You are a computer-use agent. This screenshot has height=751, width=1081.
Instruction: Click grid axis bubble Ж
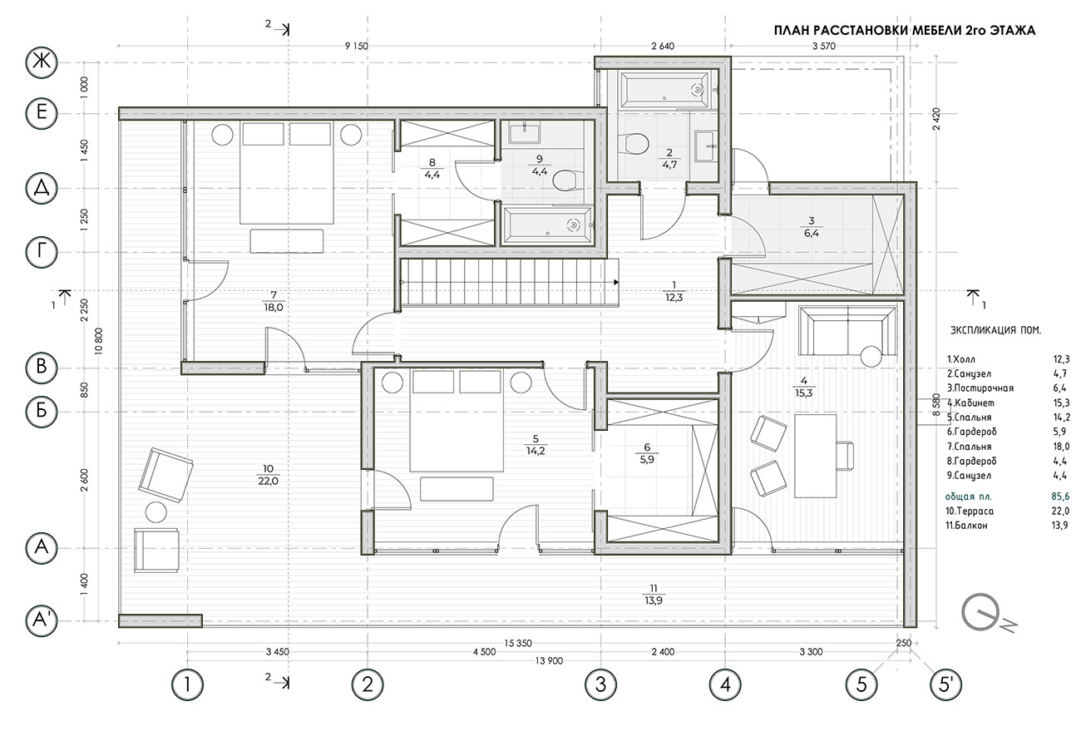[42, 62]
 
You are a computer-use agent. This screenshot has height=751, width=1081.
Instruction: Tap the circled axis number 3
[600, 684]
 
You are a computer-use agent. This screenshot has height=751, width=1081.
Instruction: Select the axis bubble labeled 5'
[945, 684]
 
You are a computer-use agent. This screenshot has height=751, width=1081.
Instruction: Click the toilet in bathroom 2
[633, 144]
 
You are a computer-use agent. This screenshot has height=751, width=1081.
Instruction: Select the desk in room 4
[816, 456]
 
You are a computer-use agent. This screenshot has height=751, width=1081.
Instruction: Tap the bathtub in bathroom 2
[665, 90]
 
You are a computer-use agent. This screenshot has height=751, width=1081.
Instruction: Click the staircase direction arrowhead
[616, 282]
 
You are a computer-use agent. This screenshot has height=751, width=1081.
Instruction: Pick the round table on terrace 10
[155, 512]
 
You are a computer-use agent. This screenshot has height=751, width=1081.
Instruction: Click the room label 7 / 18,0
[273, 301]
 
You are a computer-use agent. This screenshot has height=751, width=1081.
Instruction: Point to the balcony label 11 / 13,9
[653, 595]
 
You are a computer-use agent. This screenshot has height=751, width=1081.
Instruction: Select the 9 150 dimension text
[356, 47]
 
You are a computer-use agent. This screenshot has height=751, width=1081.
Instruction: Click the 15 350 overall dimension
[518, 644]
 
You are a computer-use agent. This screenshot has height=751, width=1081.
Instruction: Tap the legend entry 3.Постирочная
[980, 388]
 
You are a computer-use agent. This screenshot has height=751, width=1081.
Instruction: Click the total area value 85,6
[1060, 497]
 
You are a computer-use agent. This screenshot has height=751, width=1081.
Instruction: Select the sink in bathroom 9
[525, 132]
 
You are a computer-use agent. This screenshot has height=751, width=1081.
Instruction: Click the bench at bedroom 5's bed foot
[457, 489]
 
